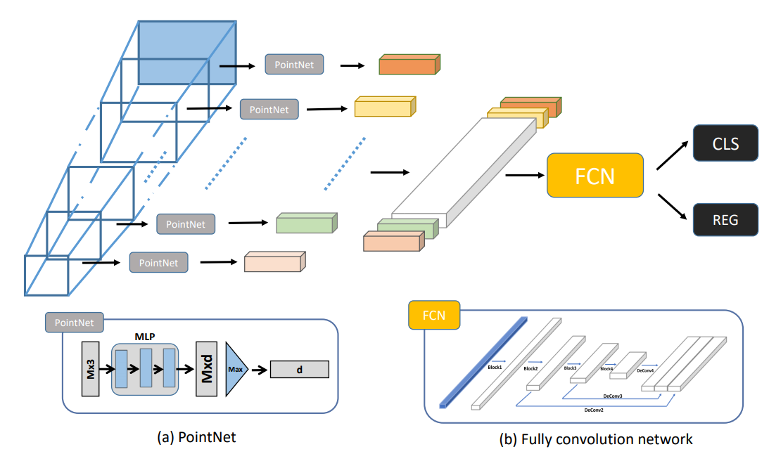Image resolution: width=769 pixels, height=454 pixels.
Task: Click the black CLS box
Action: point(725,143)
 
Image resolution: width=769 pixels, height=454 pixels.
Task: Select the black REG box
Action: point(725,219)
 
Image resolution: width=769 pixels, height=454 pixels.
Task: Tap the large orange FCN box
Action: point(595,175)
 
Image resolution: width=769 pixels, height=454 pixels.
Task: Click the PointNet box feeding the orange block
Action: point(294,65)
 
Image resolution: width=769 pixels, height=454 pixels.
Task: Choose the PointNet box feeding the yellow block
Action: point(269,109)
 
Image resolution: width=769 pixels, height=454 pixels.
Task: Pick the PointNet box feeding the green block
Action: point(186,224)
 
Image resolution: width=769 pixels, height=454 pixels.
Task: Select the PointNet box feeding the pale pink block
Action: point(158,262)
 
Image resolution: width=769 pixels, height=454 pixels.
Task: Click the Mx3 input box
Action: point(90,370)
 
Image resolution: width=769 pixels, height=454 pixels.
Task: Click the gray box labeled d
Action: point(299,370)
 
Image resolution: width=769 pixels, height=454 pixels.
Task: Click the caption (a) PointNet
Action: point(196,437)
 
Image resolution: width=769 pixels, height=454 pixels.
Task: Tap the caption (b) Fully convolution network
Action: point(595,439)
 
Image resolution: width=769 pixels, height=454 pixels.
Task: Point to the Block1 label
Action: point(495,367)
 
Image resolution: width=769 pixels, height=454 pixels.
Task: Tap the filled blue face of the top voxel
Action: point(186,52)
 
